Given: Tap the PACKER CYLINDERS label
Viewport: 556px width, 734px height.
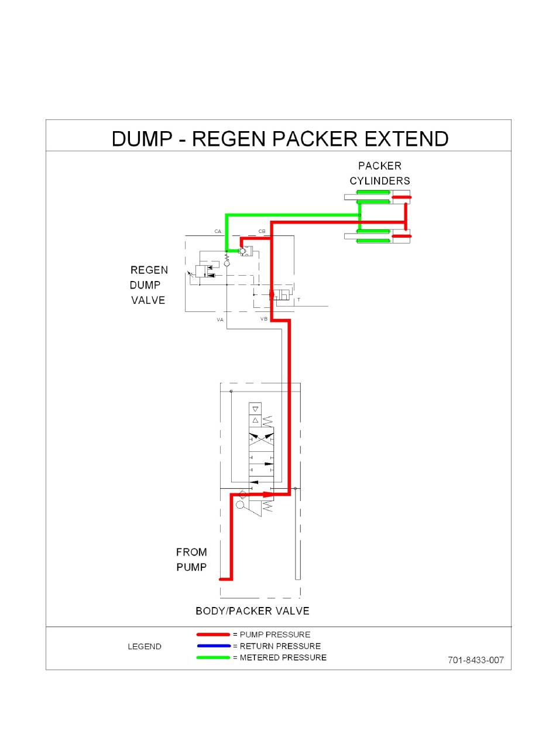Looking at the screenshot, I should (380, 173).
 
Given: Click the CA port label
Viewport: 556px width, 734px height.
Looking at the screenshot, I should (218, 232).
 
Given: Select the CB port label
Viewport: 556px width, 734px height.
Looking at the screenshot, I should (262, 232).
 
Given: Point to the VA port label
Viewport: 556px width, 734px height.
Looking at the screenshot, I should (220, 320).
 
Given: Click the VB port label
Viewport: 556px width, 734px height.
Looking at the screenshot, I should (264, 320).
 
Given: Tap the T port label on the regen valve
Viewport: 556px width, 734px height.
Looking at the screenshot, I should (298, 300).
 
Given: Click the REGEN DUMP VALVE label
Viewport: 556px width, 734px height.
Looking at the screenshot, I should (149, 285).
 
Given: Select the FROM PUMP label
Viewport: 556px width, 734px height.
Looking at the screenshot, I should (191, 559).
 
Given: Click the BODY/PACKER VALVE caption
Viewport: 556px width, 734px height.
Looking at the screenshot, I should (252, 611).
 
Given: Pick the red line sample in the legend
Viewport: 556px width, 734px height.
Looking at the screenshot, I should (213, 634).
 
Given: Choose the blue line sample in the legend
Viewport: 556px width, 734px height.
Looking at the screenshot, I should (213, 646).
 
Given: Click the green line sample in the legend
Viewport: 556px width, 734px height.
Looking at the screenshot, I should (213, 657).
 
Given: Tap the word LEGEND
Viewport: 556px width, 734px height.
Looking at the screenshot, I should (145, 647).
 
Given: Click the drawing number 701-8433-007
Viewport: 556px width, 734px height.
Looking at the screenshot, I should (475, 660).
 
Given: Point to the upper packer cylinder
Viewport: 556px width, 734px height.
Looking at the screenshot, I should (377, 197).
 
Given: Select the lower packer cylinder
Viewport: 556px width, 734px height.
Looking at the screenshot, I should (377, 236).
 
